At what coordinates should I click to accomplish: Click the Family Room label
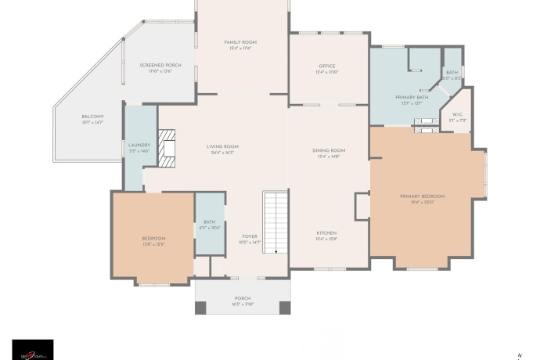click(240, 42)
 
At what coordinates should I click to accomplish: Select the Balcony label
click(92, 117)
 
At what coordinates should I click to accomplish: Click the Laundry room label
click(139, 145)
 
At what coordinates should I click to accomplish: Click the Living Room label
click(222, 146)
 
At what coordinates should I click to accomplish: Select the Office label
click(327, 66)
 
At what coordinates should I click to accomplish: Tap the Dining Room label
click(329, 150)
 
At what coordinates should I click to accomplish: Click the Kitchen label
click(326, 233)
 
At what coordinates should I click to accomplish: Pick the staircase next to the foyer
click(275, 221)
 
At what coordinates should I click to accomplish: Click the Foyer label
click(249, 236)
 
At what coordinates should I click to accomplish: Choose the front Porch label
click(243, 298)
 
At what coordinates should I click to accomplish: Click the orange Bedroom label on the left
click(153, 238)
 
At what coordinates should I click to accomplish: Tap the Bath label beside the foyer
click(209, 222)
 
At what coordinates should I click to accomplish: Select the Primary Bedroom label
click(422, 196)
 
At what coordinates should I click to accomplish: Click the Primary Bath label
click(411, 96)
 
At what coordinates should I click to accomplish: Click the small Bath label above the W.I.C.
click(452, 72)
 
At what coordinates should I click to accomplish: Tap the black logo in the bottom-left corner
click(33, 349)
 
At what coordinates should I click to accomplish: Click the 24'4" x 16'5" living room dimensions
click(222, 153)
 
